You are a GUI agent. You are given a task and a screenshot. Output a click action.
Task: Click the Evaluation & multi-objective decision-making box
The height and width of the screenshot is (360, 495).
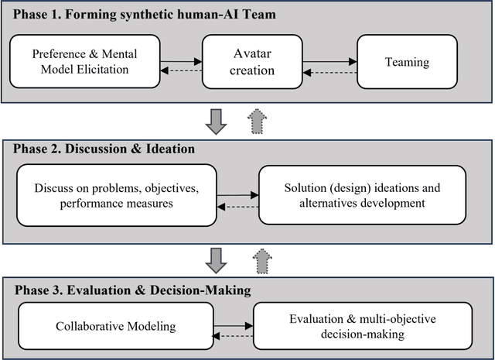364,326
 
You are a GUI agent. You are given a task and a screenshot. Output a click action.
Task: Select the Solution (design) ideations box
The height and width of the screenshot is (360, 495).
363,194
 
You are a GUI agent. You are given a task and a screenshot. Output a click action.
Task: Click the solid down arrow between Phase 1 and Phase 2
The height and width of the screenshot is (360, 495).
219,120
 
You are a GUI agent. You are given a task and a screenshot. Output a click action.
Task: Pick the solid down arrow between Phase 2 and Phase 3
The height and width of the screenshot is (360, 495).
219,259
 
